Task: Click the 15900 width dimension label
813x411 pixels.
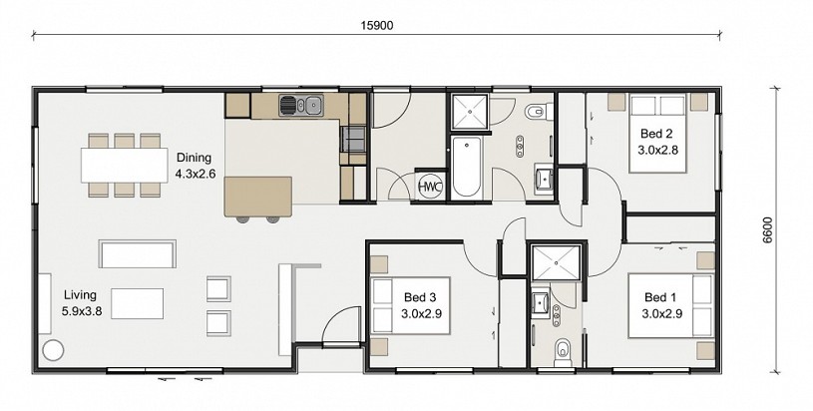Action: tap(377, 25)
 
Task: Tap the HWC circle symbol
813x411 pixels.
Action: tap(430, 187)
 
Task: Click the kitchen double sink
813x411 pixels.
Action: tap(300, 105)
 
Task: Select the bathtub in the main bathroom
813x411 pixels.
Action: tap(466, 167)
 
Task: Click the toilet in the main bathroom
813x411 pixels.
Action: tap(536, 111)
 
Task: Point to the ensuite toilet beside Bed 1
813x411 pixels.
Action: tap(562, 350)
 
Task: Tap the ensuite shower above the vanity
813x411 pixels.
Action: tap(556, 262)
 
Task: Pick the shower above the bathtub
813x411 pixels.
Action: tap(470, 112)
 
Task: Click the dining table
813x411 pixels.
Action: tap(125, 166)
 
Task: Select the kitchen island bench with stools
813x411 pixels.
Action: tap(257, 200)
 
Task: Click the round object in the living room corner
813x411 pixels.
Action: tap(52, 351)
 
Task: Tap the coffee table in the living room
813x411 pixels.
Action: tap(138, 303)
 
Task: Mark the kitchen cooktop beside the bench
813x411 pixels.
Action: tap(352, 139)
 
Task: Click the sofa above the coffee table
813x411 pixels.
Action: tap(138, 254)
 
